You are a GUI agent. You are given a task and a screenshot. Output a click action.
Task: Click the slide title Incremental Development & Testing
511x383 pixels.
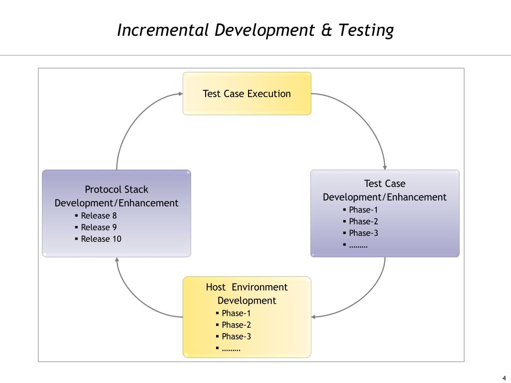coord(255,30)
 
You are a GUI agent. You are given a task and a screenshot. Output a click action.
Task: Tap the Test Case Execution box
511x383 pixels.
coord(247,94)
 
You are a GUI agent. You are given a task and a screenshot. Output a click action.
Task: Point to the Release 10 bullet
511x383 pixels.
coord(101,239)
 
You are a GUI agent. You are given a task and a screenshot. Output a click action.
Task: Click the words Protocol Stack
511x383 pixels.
coord(116,190)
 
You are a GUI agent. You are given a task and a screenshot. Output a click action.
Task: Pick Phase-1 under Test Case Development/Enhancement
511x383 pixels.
coord(363,209)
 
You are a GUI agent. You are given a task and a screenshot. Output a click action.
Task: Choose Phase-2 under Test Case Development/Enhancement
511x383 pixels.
coord(363,221)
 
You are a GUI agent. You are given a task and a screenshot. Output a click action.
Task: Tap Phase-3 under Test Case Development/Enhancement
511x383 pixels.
coord(363,233)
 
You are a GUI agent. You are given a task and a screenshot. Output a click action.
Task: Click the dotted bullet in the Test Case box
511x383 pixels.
coord(358,245)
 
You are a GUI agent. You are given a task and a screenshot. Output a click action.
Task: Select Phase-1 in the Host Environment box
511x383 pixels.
coord(236,313)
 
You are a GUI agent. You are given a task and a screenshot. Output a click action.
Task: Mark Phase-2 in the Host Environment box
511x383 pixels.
coord(236,325)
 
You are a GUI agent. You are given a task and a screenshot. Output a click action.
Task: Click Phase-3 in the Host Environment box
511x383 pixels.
coord(236,336)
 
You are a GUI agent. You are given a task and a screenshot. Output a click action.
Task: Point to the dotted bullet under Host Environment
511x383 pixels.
coord(231,348)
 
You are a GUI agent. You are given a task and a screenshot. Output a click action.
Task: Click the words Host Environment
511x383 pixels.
coord(247,287)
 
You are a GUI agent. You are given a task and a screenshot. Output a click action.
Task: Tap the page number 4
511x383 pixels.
coord(504,377)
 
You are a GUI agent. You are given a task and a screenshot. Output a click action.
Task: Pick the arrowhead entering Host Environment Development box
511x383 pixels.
coord(314,317)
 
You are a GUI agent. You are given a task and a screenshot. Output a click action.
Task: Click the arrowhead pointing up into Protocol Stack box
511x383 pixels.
coord(117,260)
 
